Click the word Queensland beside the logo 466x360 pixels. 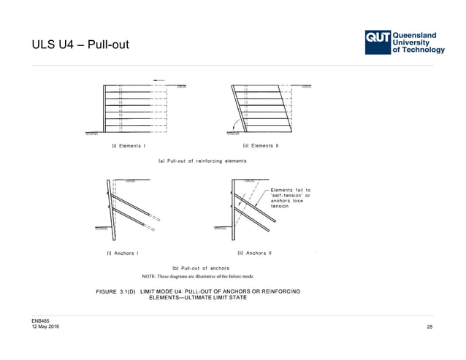(415, 34)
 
